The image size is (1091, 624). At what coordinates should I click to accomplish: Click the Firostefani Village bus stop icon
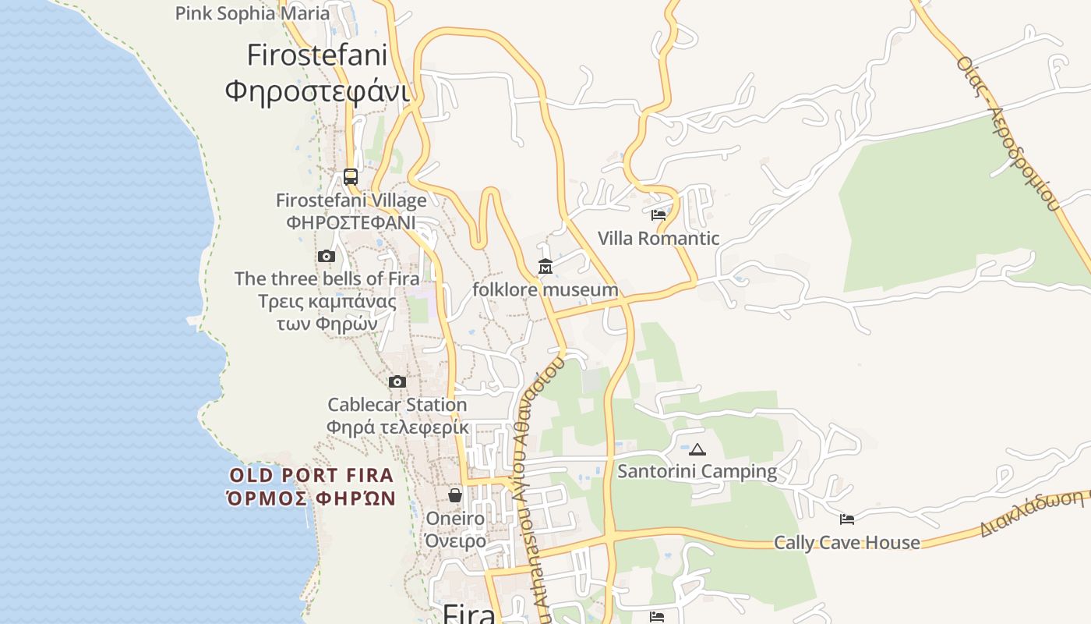[351, 176]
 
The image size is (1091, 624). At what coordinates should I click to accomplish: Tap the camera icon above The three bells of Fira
[327, 256]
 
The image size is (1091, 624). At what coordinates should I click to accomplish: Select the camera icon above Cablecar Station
[397, 381]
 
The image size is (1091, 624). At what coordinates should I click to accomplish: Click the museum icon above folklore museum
[545, 267]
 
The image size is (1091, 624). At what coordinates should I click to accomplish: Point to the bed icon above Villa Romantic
[658, 214]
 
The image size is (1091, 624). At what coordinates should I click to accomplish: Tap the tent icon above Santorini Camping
[697, 448]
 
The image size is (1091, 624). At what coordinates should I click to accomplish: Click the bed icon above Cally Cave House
[847, 519]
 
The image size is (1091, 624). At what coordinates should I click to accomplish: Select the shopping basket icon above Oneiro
[455, 495]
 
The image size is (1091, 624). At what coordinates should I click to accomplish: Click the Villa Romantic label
[658, 238]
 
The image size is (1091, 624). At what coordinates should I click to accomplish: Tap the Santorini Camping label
[697, 471]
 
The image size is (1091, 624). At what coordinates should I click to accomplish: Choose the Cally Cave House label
[847, 542]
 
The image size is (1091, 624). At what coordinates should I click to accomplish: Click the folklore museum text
[545, 290]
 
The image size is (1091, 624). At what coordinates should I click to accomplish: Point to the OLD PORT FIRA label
[312, 475]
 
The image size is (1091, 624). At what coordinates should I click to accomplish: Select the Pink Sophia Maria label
[252, 13]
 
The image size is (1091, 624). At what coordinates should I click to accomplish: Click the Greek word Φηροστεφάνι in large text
[317, 91]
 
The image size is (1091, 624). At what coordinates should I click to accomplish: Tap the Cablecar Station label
[397, 405]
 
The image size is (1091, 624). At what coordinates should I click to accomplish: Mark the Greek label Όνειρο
[456, 541]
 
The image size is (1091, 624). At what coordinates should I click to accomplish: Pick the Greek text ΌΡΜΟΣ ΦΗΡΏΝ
[312, 499]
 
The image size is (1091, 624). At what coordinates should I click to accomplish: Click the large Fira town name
[469, 614]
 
